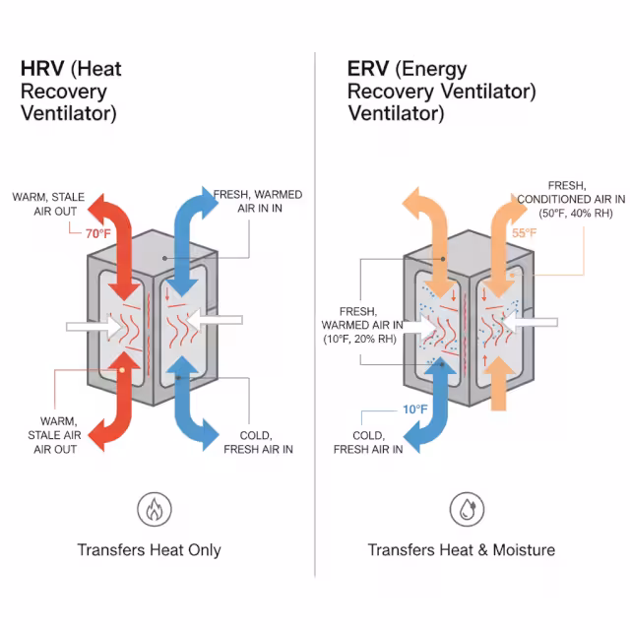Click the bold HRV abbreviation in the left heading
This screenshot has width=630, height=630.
pyautogui.click(x=42, y=70)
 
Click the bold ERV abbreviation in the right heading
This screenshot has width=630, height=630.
pyautogui.click(x=368, y=69)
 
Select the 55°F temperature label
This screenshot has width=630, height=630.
pyautogui.click(x=525, y=233)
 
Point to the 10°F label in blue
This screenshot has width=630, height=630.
pyautogui.click(x=414, y=409)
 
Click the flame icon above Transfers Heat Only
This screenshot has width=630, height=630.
pyautogui.click(x=153, y=510)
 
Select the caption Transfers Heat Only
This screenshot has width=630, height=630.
pyautogui.click(x=150, y=550)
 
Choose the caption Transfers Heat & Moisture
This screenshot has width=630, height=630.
pyautogui.click(x=461, y=550)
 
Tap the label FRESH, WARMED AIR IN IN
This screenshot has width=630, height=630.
pyautogui.click(x=258, y=200)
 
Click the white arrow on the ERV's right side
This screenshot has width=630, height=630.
pyautogui.click(x=535, y=323)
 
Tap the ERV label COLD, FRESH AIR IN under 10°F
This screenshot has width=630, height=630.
pyautogui.click(x=368, y=442)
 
